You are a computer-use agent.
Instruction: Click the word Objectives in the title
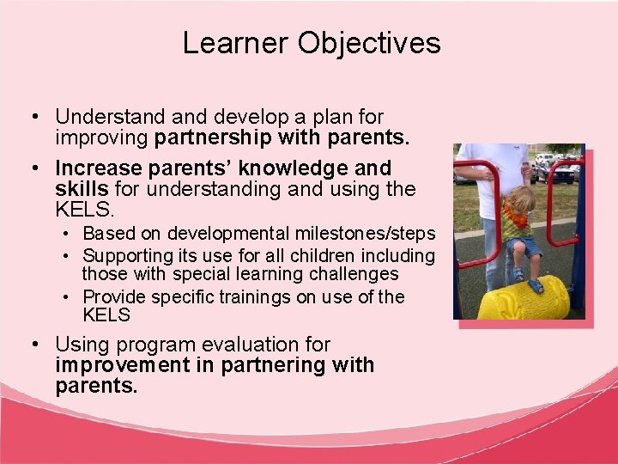pyautogui.click(x=369, y=43)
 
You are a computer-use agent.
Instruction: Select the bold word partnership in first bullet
pyautogui.click(x=210, y=137)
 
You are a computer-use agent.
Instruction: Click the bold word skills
pyautogui.click(x=82, y=188)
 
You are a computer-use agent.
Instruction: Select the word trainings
pyautogui.click(x=253, y=297)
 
